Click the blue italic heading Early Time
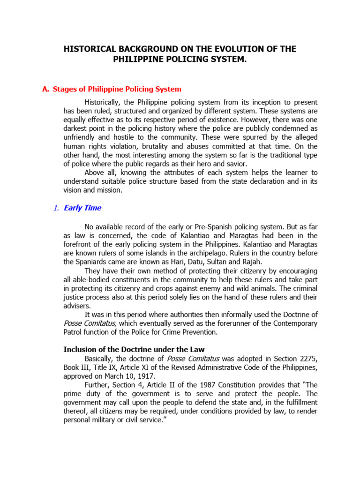(82, 208)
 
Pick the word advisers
(77, 306)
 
